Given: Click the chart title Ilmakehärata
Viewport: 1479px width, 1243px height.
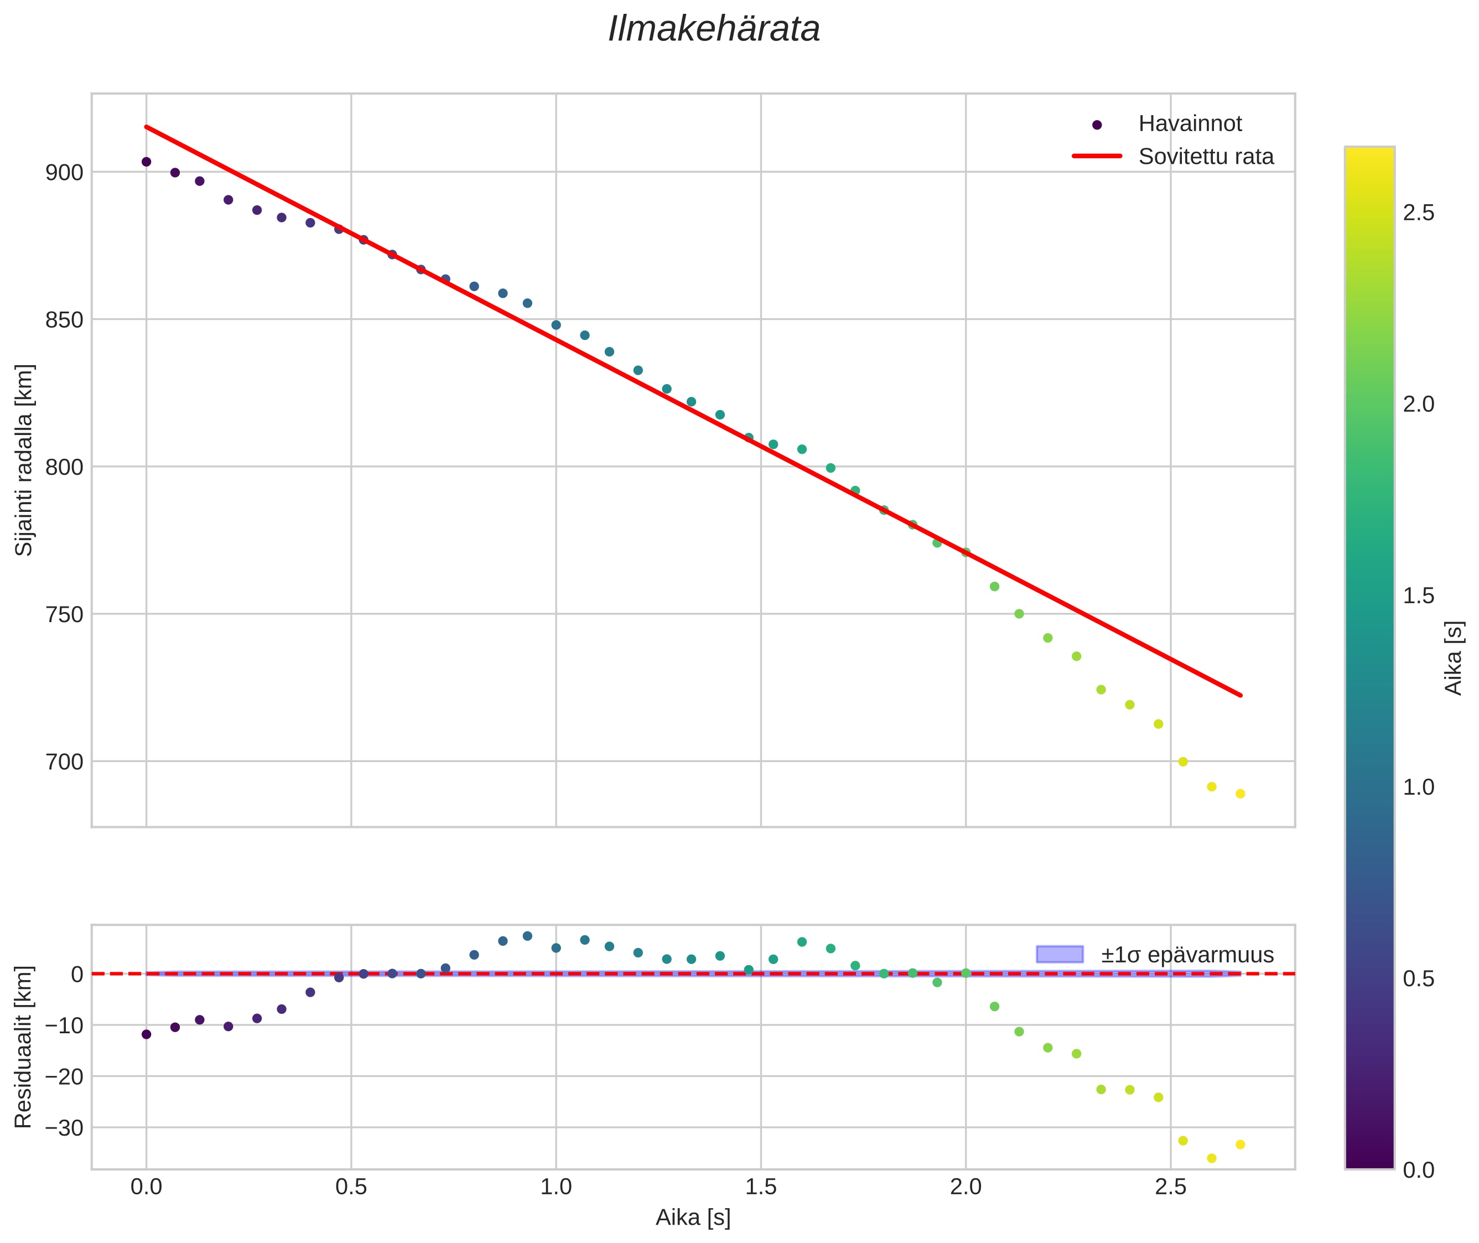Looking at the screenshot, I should click(x=714, y=29).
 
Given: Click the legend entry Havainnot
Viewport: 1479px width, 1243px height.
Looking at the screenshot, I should click(x=1190, y=124).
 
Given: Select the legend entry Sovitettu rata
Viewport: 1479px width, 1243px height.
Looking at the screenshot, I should click(x=1206, y=157).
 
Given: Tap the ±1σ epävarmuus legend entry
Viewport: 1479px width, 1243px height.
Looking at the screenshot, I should click(x=1187, y=955).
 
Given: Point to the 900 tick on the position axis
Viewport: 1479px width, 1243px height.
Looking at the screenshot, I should click(x=64, y=173).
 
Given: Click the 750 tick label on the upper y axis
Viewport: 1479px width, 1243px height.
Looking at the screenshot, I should click(x=64, y=614).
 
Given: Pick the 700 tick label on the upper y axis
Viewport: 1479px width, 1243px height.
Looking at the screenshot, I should click(x=64, y=762).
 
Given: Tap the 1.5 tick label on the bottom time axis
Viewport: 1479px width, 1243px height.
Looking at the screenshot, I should click(x=761, y=1187).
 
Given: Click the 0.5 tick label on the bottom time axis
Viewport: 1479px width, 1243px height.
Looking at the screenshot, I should click(x=351, y=1187).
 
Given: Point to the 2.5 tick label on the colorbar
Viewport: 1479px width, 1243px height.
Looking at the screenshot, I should click(x=1418, y=213).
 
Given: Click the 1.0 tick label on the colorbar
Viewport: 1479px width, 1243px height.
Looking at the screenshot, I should click(x=1418, y=787).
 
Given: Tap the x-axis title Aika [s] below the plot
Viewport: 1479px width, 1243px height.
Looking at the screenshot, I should click(x=693, y=1218).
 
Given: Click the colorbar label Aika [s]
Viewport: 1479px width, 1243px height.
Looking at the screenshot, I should click(x=1454, y=657).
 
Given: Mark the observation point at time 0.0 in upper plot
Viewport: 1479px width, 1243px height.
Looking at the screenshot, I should click(x=147, y=162).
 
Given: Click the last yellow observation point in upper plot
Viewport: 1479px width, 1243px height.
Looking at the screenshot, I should click(x=1240, y=794).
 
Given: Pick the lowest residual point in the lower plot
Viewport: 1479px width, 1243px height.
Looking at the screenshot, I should click(x=1212, y=1158).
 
